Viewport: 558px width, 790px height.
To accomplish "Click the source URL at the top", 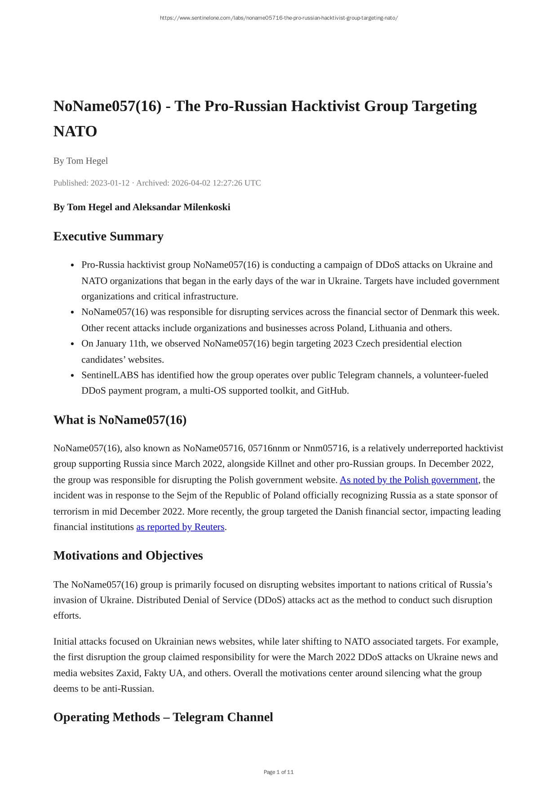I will pos(279,18).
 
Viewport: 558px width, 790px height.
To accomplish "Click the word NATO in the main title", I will pos(75,132).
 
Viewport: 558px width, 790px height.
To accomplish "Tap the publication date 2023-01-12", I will pos(110,183).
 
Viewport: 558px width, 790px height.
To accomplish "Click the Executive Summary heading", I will pos(108,237).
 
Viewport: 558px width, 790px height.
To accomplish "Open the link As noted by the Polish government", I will pos(408,480).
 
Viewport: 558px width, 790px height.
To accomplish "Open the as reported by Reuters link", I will pos(180,527).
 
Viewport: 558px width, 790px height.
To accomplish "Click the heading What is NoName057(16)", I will pos(120,420).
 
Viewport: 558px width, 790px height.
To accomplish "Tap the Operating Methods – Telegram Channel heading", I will pos(163,717).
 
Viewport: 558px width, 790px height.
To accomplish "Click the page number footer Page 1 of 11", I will pos(279,772).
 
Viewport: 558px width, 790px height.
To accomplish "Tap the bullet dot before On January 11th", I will pos(72,344).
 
